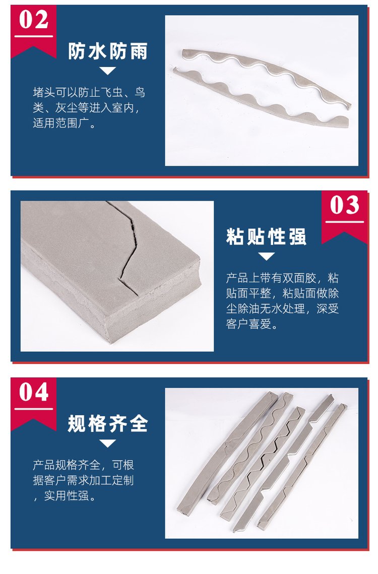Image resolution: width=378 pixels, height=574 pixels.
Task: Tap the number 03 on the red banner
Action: pyautogui.click(x=345, y=205)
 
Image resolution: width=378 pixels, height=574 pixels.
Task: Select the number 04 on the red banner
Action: pyautogui.click(x=34, y=392)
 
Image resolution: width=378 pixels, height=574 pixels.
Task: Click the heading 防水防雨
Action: pyautogui.click(x=108, y=51)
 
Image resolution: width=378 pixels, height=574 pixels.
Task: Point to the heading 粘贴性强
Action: pyautogui.click(x=266, y=236)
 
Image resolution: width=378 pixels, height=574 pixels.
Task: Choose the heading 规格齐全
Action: pyautogui.click(x=108, y=424)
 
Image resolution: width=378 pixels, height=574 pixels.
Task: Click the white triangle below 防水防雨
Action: pyautogui.click(x=108, y=70)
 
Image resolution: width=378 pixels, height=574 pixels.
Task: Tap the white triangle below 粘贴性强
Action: pyautogui.click(x=266, y=256)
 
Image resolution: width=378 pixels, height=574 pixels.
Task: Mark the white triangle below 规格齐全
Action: pyautogui.click(x=108, y=443)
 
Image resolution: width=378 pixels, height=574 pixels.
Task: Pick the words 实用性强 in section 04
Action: pyautogui.click(x=67, y=496)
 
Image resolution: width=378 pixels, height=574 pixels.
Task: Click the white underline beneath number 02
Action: pyautogui.click(x=34, y=36)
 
